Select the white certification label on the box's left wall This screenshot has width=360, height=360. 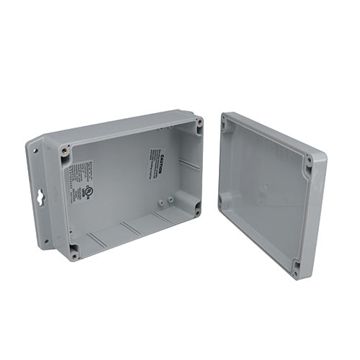[x=81, y=179]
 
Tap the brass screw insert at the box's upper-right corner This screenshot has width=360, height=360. [x=199, y=123]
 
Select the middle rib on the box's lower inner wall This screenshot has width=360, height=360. [x=131, y=228]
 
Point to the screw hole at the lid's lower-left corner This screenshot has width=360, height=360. [x=221, y=201]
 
